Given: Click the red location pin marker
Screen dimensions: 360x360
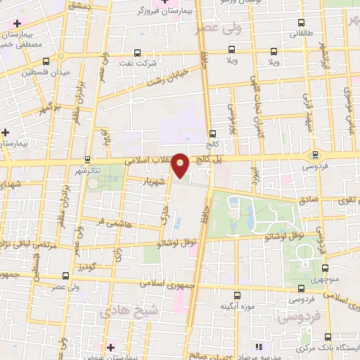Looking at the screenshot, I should coord(181,166).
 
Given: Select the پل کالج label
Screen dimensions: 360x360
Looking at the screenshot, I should coord(211,161).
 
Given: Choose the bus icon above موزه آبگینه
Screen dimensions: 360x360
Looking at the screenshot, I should coord(236,295).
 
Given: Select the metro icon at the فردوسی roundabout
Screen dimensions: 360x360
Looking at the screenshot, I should coord(315,155).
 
